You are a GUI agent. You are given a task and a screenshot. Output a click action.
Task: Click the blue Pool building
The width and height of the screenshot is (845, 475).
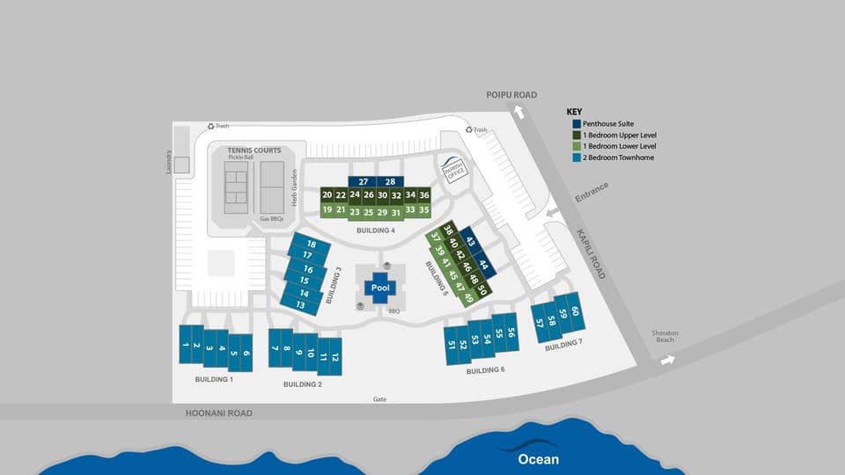(x=380, y=288)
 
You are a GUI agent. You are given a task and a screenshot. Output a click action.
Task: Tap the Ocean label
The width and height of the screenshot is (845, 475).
(x=538, y=458)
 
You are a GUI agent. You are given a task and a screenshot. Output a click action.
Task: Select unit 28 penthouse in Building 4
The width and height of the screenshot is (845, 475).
(x=390, y=181)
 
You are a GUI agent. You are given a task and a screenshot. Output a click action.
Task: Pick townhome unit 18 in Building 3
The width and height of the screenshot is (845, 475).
(x=310, y=244)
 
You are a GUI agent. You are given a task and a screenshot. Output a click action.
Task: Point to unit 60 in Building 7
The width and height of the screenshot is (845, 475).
(x=575, y=310)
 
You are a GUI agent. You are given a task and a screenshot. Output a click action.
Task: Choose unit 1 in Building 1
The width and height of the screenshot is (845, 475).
(x=185, y=345)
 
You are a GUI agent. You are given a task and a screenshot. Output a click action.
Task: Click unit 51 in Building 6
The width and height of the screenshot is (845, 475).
(x=452, y=344)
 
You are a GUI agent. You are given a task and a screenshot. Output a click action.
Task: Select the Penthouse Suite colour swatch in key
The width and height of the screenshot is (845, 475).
(x=577, y=124)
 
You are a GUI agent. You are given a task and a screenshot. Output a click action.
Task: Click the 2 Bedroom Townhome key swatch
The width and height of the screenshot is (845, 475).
(x=577, y=157)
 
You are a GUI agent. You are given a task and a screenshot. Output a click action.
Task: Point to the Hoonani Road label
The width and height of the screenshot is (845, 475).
(x=218, y=413)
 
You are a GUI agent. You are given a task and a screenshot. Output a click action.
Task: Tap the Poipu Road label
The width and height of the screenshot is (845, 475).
(x=511, y=94)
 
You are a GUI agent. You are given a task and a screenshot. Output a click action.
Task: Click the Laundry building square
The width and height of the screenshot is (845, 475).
(x=181, y=164)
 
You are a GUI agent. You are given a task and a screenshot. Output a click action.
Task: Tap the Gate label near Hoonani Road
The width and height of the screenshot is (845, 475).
(x=379, y=398)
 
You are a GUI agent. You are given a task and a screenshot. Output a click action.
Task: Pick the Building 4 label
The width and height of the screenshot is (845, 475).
(x=375, y=230)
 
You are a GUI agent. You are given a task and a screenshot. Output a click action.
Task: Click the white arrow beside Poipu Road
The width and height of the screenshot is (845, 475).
(x=520, y=112)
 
